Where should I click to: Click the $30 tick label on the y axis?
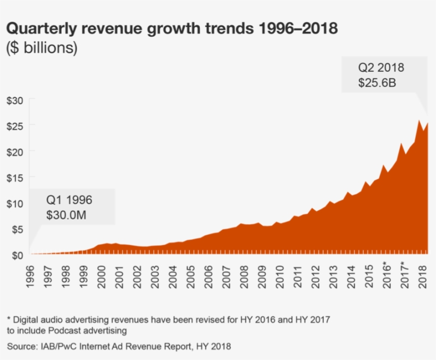[15, 100]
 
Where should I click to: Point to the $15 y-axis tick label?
[15, 177]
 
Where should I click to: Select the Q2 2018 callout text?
[381, 68]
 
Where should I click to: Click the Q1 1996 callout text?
[69, 200]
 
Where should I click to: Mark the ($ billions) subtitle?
[42, 47]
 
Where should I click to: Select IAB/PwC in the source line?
[58, 346]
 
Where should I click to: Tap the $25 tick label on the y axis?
[15, 125]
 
